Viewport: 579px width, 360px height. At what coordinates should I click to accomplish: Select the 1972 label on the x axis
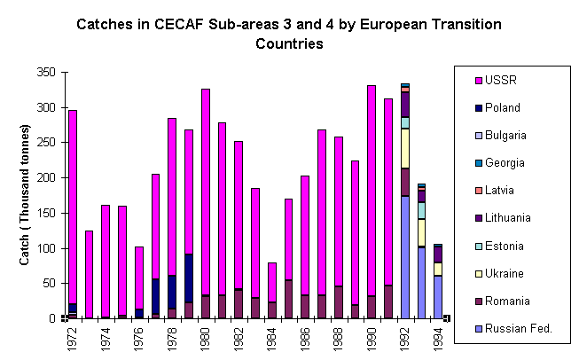tap(72, 339)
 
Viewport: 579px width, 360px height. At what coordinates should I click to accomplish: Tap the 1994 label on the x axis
tap(438, 339)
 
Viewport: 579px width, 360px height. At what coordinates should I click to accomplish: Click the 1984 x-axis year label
tap(271, 339)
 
